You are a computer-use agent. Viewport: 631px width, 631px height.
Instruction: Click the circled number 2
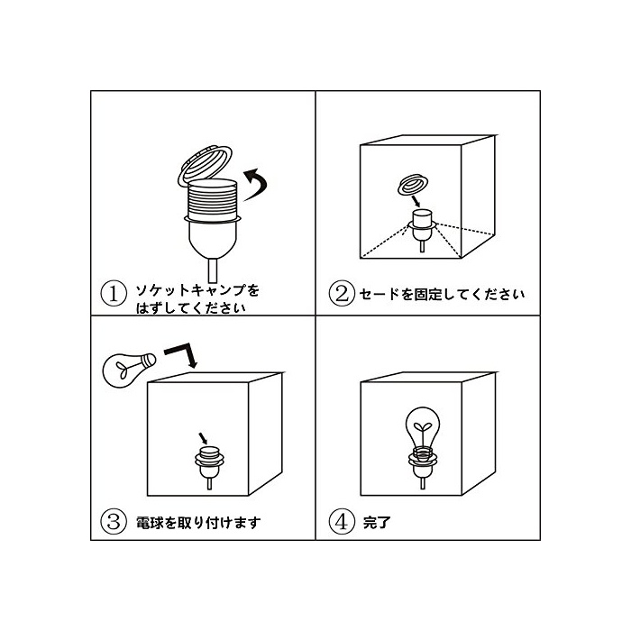[x=342, y=293]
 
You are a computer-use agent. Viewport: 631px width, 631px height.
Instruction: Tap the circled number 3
[x=114, y=522]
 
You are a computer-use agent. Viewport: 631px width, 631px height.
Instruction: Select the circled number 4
[x=342, y=522]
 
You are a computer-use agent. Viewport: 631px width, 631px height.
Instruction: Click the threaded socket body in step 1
[x=213, y=200]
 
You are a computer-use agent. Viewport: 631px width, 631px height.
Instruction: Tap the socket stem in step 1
[x=213, y=270]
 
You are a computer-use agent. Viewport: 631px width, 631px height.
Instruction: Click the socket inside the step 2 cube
[x=422, y=229]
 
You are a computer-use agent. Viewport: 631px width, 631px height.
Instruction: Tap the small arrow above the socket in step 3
[x=203, y=438]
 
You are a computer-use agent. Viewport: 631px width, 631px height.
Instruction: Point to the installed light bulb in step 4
[x=422, y=434]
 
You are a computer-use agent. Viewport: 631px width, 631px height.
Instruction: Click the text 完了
[x=377, y=522]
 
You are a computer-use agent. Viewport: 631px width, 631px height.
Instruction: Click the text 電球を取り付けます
[x=198, y=522]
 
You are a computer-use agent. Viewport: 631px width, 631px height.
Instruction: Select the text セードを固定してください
[x=442, y=294]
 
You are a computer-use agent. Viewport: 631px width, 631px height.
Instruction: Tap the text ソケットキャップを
[x=197, y=289]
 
